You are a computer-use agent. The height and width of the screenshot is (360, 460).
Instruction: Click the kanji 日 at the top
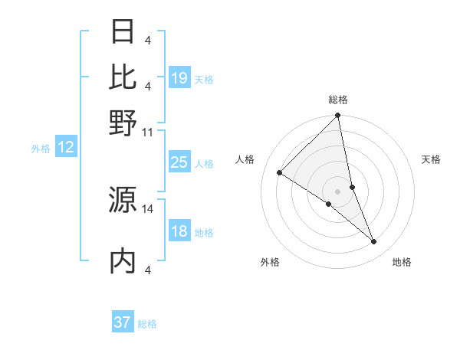coord(123,32)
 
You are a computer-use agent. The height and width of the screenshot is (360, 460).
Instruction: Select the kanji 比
coord(123,77)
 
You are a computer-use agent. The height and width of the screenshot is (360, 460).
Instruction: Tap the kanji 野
coord(123,123)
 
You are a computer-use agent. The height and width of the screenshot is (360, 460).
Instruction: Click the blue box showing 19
coord(179,78)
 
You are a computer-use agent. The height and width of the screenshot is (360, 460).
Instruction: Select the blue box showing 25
coord(179,162)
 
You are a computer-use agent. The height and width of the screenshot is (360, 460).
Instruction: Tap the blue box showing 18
coord(179,232)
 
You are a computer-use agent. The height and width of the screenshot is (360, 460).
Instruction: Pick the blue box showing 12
coord(66,148)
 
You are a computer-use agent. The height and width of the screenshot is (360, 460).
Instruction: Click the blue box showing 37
coord(123,322)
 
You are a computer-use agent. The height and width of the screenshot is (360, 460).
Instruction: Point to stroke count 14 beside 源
coord(148,208)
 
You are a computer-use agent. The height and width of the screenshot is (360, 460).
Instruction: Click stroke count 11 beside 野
coord(148,132)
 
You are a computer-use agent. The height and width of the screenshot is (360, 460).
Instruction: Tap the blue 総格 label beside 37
coord(148,324)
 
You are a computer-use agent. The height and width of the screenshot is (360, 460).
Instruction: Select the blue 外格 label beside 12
coord(41,149)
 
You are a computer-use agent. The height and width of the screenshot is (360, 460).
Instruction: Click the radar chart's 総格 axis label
coord(338,100)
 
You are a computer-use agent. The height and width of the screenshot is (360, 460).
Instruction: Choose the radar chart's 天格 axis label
coord(432,159)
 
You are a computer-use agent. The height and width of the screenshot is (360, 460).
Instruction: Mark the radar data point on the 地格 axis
coord(374,242)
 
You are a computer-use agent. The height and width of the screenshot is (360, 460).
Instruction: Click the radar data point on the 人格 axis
coord(280,173)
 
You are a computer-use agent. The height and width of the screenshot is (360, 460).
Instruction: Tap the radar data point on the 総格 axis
coord(338,116)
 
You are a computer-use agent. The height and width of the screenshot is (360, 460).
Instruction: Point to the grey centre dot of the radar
coord(338,191)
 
